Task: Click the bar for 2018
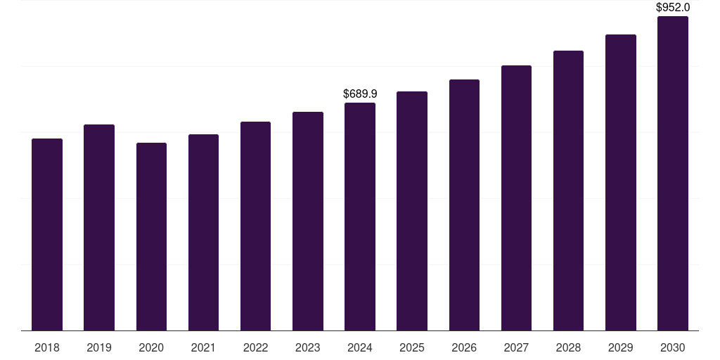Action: click(x=47, y=235)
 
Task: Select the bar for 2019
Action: click(x=99, y=228)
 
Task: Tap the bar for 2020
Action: click(x=152, y=237)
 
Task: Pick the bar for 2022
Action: click(x=255, y=226)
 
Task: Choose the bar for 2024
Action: click(x=360, y=217)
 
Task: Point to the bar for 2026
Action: click(x=464, y=205)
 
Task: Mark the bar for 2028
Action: click(x=568, y=191)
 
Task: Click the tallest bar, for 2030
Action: click(x=673, y=174)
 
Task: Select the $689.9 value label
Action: click(x=361, y=94)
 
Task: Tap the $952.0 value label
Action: click(x=673, y=7)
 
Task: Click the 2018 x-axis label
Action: click(x=47, y=347)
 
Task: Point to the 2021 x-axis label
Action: click(x=203, y=347)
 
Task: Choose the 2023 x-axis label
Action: click(x=308, y=347)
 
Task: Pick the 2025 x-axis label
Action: click(x=412, y=347)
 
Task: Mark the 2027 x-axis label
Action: click(x=516, y=347)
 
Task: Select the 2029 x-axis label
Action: click(x=620, y=347)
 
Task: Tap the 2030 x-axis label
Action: click(x=673, y=347)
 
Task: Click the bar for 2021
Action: click(x=203, y=233)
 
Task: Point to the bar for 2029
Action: click(x=621, y=183)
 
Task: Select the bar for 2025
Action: click(x=412, y=211)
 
